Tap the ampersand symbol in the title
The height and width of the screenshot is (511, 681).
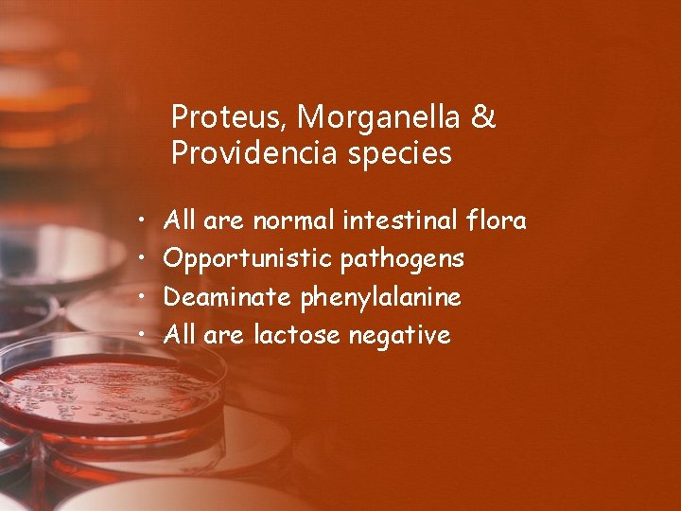482,118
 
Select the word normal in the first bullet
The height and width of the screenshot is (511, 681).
291,221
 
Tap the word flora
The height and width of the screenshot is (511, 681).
498,221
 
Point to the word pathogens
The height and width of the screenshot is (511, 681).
402,259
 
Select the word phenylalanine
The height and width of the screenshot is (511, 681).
381,298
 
